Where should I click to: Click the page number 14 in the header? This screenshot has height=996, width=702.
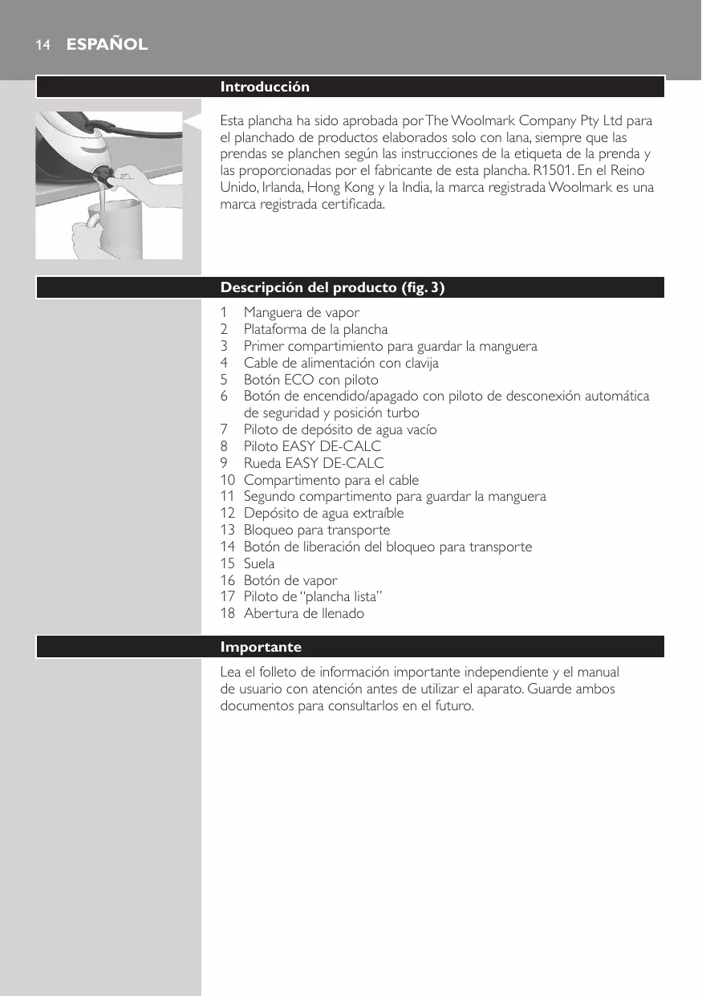tap(42, 46)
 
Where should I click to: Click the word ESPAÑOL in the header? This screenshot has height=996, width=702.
tap(107, 45)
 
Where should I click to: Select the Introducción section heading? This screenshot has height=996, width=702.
tap(265, 87)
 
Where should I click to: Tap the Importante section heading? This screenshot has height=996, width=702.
tap(261, 647)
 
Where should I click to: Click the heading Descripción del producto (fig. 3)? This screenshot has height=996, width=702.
tap(332, 287)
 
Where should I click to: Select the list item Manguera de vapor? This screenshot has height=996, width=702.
tap(302, 312)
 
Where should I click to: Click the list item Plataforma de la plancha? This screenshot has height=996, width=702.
tap(315, 329)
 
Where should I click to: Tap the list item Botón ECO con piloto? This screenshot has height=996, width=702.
tap(310, 379)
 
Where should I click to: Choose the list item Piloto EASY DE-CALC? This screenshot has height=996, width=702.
tap(312, 446)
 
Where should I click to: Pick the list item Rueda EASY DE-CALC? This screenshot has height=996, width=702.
tap(314, 463)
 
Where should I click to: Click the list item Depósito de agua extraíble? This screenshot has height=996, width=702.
tap(323, 513)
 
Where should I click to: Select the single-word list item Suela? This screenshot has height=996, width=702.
tap(259, 563)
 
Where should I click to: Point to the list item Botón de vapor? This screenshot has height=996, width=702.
tap(290, 580)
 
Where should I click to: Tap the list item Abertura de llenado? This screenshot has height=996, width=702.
tap(303, 613)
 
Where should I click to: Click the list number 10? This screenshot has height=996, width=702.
tap(228, 480)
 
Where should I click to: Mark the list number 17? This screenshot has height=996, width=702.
tap(228, 596)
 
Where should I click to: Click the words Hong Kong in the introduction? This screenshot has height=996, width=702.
tap(327, 187)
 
